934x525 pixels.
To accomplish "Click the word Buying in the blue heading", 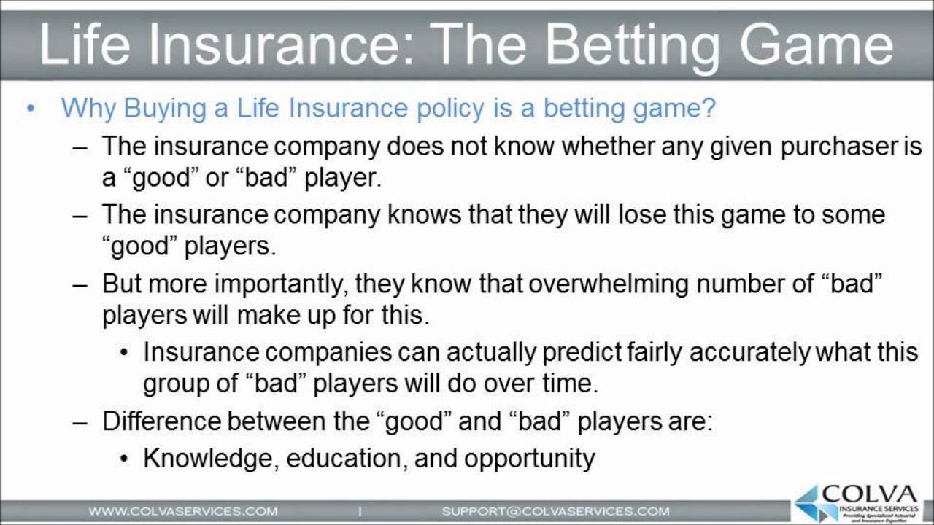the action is [165, 109].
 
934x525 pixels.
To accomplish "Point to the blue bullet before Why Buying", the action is [31, 109].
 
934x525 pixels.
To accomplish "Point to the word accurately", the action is [750, 353].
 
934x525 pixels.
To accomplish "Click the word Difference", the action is [161, 421].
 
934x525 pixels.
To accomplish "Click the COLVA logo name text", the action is [870, 494].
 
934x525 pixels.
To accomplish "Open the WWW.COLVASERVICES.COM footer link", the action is [183, 511].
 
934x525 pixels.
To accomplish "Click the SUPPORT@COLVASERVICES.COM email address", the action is [556, 511].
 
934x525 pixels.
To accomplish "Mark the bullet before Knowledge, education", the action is [124, 459].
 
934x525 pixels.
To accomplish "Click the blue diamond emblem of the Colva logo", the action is [809, 504].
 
